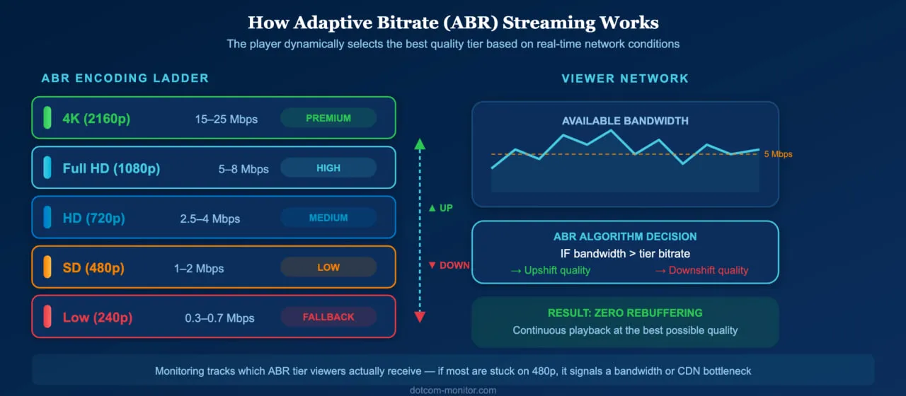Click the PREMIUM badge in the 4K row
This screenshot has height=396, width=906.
[328, 118]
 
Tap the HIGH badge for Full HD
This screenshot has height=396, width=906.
[328, 168]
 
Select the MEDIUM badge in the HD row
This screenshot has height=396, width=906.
[328, 218]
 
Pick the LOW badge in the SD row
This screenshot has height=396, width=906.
[328, 267]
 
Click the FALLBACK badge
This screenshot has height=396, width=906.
[328, 317]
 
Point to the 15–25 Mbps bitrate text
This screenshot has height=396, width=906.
[226, 120]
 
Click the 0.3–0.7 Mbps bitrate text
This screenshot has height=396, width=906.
[219, 318]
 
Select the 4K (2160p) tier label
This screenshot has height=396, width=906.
[96, 119]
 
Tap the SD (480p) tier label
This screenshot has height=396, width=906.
[93, 268]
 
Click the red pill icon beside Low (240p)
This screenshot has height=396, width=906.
[47, 318]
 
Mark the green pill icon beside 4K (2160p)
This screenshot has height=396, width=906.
[47, 118]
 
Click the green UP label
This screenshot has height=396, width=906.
[440, 209]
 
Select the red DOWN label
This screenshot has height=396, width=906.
[449, 265]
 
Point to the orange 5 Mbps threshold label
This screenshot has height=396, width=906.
[779, 154]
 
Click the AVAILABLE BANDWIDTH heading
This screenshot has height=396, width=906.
[625, 121]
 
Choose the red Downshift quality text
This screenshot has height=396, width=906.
[701, 270]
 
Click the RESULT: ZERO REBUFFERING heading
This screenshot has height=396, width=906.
[625, 313]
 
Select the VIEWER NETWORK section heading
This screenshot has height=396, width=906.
[625, 78]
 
